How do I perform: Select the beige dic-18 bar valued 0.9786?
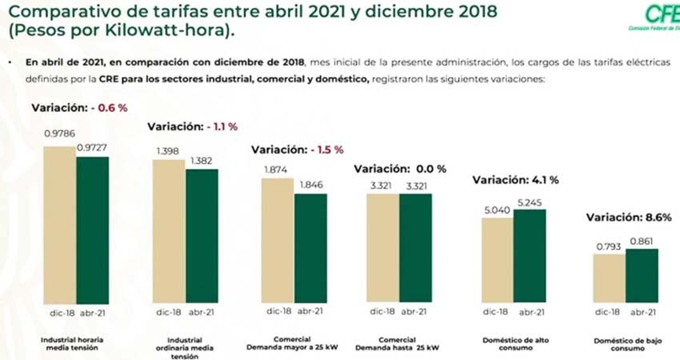60,225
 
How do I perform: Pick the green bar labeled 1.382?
202,236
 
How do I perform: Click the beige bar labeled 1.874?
278,241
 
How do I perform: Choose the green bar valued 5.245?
530,256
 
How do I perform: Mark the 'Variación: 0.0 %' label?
400,169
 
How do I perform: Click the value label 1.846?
310,185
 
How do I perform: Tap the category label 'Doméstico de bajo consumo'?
625,345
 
